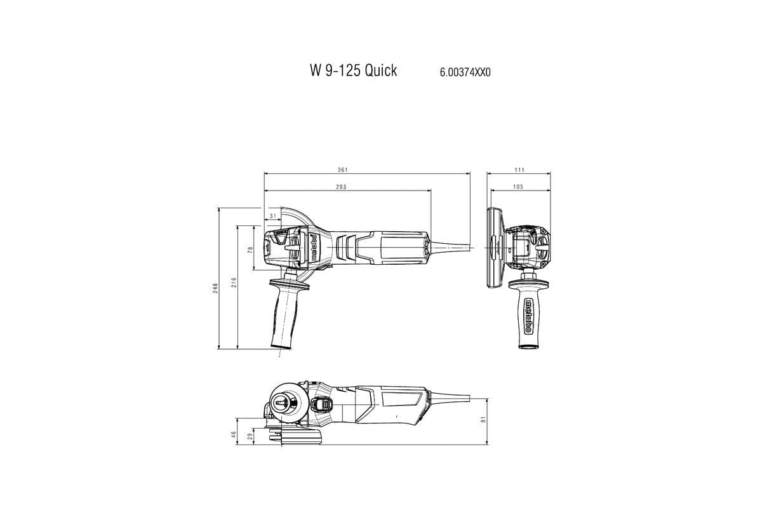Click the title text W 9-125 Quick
pyautogui.click(x=353, y=70)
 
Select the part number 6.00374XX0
pyautogui.click(x=465, y=72)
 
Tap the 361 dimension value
pyautogui.click(x=344, y=170)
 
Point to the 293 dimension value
pyautogui.click(x=341, y=187)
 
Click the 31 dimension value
pyautogui.click(x=272, y=217)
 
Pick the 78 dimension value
pyautogui.click(x=250, y=250)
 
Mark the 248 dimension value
pyautogui.click(x=216, y=287)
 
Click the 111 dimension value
pyautogui.click(x=519, y=170)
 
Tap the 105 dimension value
pyautogui.click(x=518, y=187)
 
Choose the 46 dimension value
pyautogui.click(x=234, y=434)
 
